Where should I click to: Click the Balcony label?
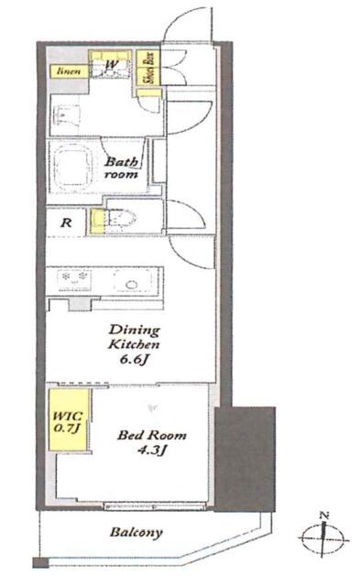(x=136, y=532)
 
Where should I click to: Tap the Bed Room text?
(x=152, y=435)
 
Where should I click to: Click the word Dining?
(x=134, y=330)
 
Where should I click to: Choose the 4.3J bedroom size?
(x=152, y=450)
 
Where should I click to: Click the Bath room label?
(x=121, y=168)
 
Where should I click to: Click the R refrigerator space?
(x=66, y=222)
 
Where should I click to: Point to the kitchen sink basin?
(x=132, y=282)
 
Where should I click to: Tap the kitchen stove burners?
(x=73, y=280)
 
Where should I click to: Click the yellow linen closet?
(x=69, y=71)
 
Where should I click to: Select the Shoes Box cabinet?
(x=148, y=67)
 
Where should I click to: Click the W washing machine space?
(x=110, y=64)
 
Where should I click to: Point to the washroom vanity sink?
(x=67, y=115)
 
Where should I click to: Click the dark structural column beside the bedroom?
(x=245, y=459)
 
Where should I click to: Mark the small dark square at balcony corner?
(x=40, y=562)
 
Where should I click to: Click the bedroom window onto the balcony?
(x=155, y=506)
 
